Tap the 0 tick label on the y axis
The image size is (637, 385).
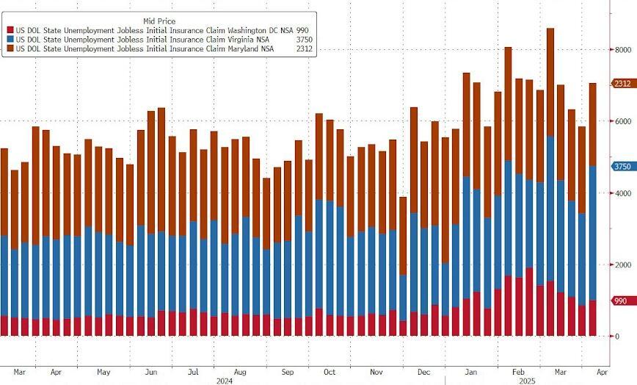tap(616, 337)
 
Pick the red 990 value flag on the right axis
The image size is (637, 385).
tap(620, 301)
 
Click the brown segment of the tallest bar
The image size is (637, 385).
tap(550, 81)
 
